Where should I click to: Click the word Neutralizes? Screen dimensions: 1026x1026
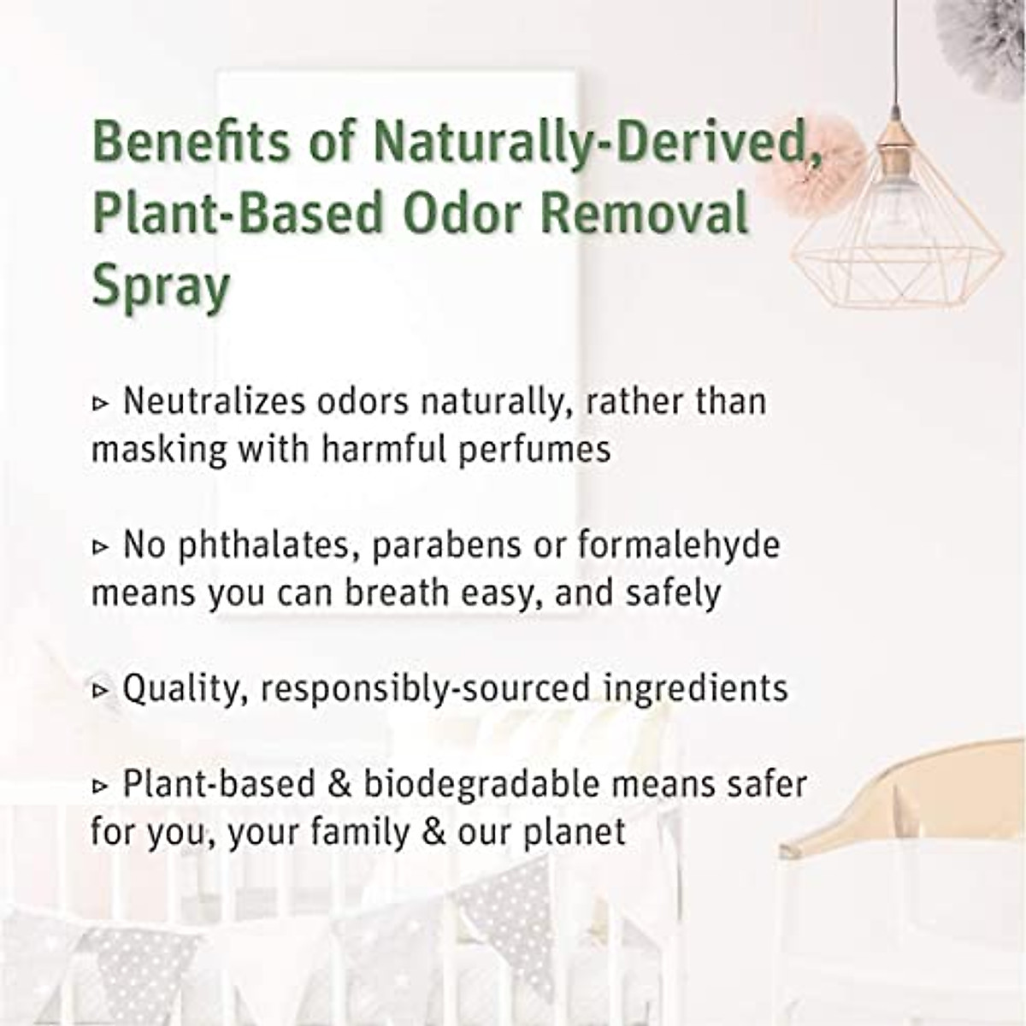pyautogui.click(x=222, y=401)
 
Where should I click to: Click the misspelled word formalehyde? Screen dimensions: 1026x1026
pyautogui.click(x=679, y=545)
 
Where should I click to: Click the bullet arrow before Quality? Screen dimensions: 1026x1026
pyautogui.click(x=101, y=689)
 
